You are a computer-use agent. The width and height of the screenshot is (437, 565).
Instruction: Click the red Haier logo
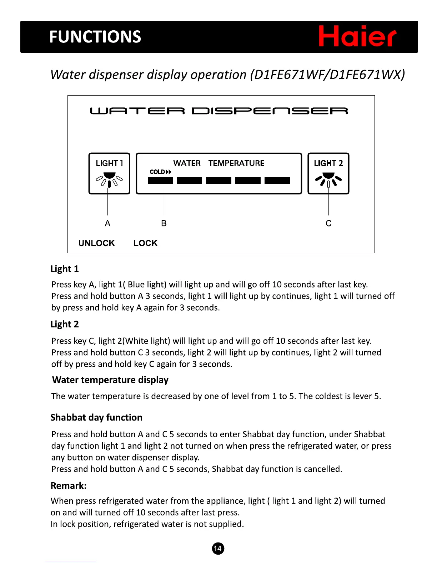357,36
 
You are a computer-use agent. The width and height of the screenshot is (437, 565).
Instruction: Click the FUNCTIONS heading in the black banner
95,37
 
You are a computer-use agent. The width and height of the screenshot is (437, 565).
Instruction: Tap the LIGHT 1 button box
109,173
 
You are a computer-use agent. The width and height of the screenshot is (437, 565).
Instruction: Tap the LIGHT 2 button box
328,173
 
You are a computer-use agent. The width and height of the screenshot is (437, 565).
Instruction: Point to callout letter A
107,223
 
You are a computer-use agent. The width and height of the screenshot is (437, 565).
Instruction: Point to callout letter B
164,223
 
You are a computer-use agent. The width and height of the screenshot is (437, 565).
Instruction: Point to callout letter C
328,223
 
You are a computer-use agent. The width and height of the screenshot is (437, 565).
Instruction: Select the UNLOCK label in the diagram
96,243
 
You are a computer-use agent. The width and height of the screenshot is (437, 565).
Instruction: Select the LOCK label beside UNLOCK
145,243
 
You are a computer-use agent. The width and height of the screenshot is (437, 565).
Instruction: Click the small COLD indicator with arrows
160,172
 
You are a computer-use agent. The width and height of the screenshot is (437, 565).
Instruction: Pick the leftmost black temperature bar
160,180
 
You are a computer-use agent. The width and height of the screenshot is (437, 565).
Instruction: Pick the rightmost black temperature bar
277,180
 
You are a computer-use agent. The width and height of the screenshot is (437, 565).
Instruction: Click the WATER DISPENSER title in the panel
219,111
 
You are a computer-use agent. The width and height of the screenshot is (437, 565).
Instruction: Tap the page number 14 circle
218,548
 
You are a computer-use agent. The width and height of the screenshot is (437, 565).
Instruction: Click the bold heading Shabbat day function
96,417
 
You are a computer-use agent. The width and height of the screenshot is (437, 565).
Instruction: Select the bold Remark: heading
69,485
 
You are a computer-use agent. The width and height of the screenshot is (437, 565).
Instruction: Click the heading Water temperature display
110,380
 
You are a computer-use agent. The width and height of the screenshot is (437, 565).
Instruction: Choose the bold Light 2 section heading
65,324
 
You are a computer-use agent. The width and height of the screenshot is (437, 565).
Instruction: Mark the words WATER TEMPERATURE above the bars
219,163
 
